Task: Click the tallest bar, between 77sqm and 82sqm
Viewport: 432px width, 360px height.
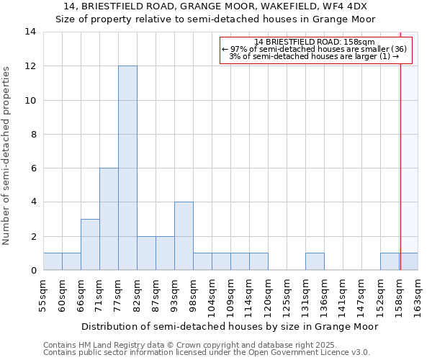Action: click(x=127, y=168)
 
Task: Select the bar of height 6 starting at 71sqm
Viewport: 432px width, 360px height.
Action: click(x=109, y=219)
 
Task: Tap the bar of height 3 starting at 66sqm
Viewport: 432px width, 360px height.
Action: click(x=90, y=245)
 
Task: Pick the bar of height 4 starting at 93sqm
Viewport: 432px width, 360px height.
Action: click(x=184, y=236)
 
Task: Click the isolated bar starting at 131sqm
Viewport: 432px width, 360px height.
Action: click(x=315, y=262)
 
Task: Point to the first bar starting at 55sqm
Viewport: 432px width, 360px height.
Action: click(x=53, y=262)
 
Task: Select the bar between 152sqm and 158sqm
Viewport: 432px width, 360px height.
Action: click(x=390, y=262)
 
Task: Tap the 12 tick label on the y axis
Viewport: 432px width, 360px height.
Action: click(x=30, y=66)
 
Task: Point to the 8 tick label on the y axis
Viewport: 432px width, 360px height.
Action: click(x=33, y=135)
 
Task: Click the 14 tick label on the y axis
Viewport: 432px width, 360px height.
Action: click(x=30, y=32)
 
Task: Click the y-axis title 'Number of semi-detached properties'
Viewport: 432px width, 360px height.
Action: click(x=7, y=156)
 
